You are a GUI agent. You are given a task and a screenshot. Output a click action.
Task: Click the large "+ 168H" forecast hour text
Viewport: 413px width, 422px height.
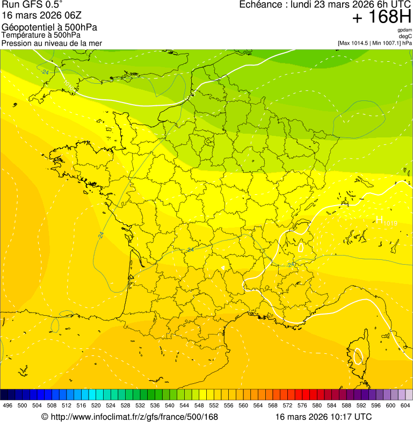(381, 17)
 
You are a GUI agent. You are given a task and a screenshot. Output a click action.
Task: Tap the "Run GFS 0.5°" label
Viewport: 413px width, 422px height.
(32, 5)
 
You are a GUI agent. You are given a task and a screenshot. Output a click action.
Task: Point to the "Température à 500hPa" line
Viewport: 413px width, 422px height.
(41, 35)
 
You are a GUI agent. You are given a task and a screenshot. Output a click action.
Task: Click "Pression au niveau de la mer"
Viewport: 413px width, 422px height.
(52, 43)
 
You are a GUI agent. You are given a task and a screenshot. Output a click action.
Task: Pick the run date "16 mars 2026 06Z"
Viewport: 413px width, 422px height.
(42, 16)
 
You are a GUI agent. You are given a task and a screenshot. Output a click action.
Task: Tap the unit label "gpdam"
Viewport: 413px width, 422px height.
(404, 30)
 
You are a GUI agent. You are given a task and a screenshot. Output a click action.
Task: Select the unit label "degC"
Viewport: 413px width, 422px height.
(405, 36)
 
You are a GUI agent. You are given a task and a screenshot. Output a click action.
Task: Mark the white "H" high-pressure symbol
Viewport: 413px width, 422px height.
(379, 219)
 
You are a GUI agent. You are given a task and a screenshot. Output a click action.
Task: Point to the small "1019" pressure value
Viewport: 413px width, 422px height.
(390, 222)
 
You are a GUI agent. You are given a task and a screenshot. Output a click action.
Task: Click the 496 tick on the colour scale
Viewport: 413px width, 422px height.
(8, 405)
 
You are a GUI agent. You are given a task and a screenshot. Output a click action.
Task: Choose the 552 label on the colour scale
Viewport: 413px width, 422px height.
(214, 405)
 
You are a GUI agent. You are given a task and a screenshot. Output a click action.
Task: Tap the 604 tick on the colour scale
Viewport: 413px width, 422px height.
(405, 405)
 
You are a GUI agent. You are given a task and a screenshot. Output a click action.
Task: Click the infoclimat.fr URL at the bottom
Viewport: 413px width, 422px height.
(129, 417)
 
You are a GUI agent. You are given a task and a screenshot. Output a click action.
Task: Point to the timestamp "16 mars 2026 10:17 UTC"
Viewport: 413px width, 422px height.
(323, 417)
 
